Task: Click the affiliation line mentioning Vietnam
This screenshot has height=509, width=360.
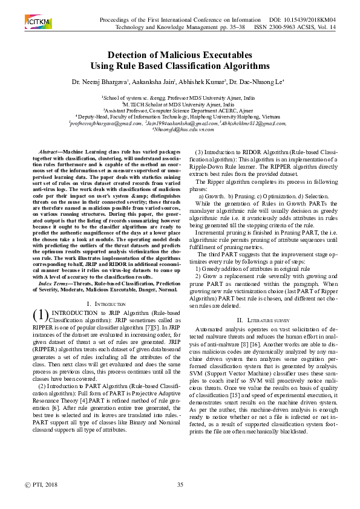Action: click(x=180, y=116)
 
